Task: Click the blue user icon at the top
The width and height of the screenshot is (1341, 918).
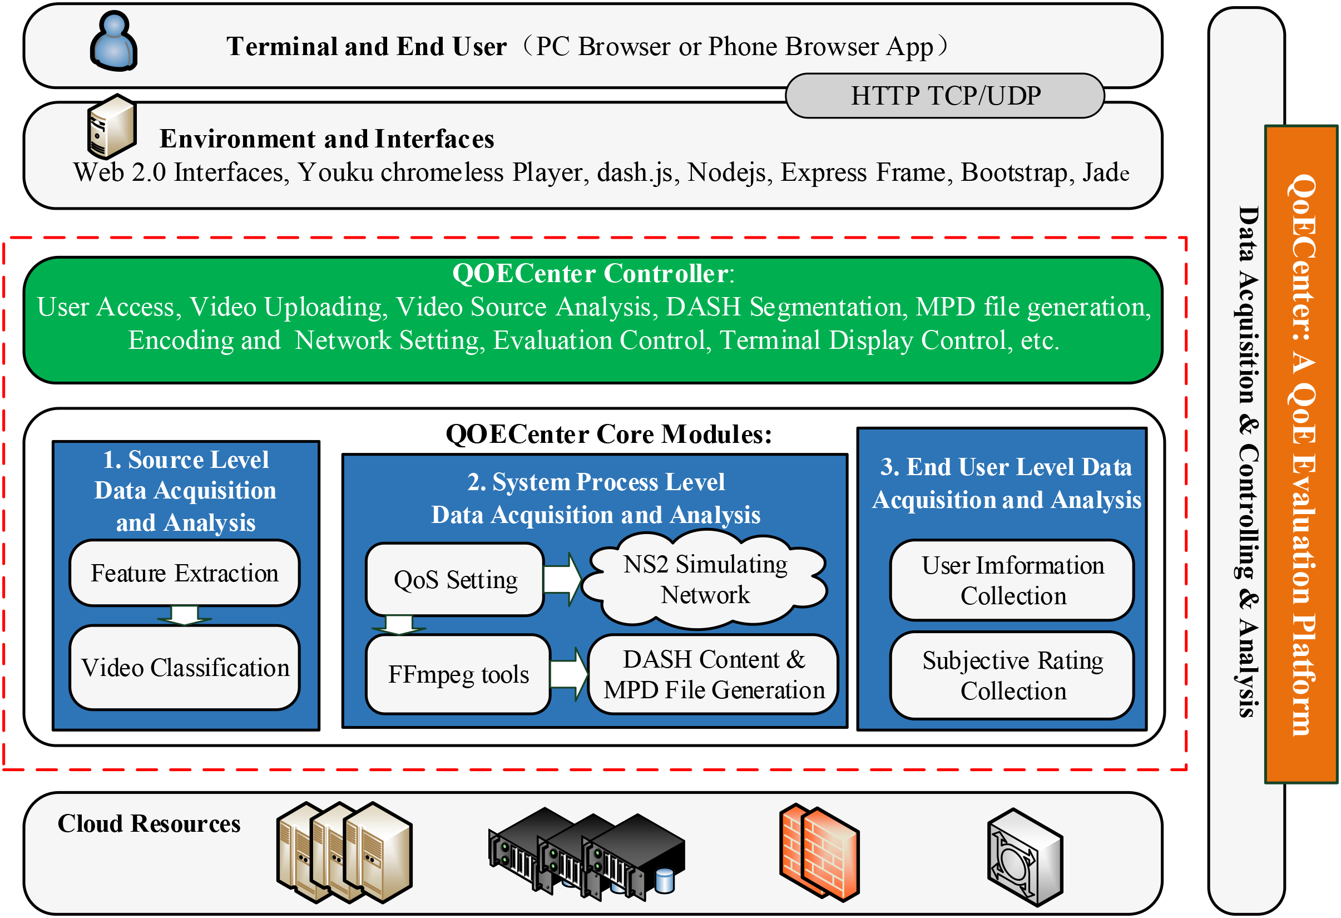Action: coord(113,41)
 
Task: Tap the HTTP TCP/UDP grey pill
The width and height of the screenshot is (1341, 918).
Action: coord(944,96)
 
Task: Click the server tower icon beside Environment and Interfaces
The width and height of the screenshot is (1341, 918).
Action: coord(112,126)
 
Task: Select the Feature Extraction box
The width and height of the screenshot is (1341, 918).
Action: coord(185,572)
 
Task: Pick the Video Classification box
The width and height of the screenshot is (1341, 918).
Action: coord(185,668)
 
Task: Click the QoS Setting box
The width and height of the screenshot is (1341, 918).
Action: coord(456,579)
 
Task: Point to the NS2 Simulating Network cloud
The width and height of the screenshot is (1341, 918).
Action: coord(705,580)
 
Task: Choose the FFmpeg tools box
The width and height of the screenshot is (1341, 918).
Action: coord(458,674)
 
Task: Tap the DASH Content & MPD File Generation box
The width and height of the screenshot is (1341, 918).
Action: coord(713,674)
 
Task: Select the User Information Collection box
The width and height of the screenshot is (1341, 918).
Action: coord(1012,580)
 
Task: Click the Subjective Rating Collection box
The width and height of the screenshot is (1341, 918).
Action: coord(1012,675)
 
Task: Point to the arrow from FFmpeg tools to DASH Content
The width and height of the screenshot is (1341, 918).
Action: coord(569,674)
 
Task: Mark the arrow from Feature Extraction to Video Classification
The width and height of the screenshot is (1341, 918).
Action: coord(185,615)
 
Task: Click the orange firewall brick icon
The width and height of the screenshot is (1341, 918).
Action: coord(819,852)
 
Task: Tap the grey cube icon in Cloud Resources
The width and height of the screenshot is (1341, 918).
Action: coord(1025,857)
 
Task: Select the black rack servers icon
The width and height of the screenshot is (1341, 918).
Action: coord(586,854)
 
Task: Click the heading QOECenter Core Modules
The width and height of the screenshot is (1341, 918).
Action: coord(608,433)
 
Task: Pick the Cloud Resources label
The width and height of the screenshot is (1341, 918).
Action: coord(149,823)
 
